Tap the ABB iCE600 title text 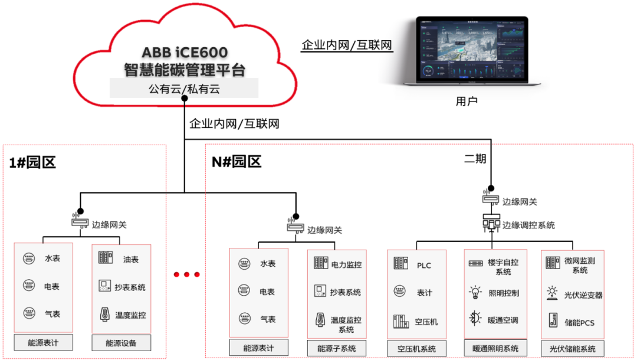[x=185, y=51]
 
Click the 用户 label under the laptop [x=467, y=102]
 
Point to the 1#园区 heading [x=33, y=163]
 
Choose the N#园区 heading [x=237, y=162]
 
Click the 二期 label [x=476, y=158]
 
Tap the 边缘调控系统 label [x=528, y=225]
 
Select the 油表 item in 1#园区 [x=131, y=259]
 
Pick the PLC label [x=424, y=265]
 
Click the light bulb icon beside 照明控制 [x=475, y=293]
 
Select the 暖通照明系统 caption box [x=494, y=348]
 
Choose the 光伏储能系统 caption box [x=572, y=348]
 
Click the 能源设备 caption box [x=122, y=343]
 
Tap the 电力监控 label [x=346, y=265]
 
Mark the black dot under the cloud [x=185, y=99]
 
